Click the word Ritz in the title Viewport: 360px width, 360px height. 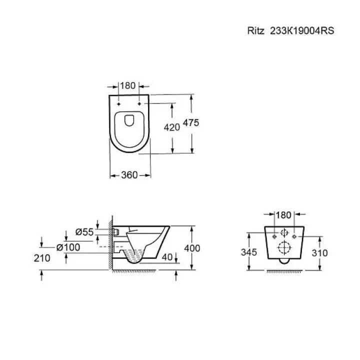pyautogui.click(x=256, y=31)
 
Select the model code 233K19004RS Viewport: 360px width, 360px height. pyautogui.click(x=302, y=31)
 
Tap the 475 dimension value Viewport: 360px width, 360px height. pyautogui.click(x=191, y=123)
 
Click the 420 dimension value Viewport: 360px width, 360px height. pyautogui.click(x=171, y=127)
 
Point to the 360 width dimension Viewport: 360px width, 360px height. pyautogui.click(x=129, y=175)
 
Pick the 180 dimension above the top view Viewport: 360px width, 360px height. pyautogui.click(x=127, y=85)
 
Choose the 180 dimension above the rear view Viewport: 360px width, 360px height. pyautogui.click(x=283, y=215)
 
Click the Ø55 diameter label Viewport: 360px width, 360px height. pyautogui.click(x=84, y=232)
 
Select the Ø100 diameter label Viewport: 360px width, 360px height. pyautogui.click(x=68, y=247)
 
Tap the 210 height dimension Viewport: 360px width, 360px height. pyautogui.click(x=42, y=258)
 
